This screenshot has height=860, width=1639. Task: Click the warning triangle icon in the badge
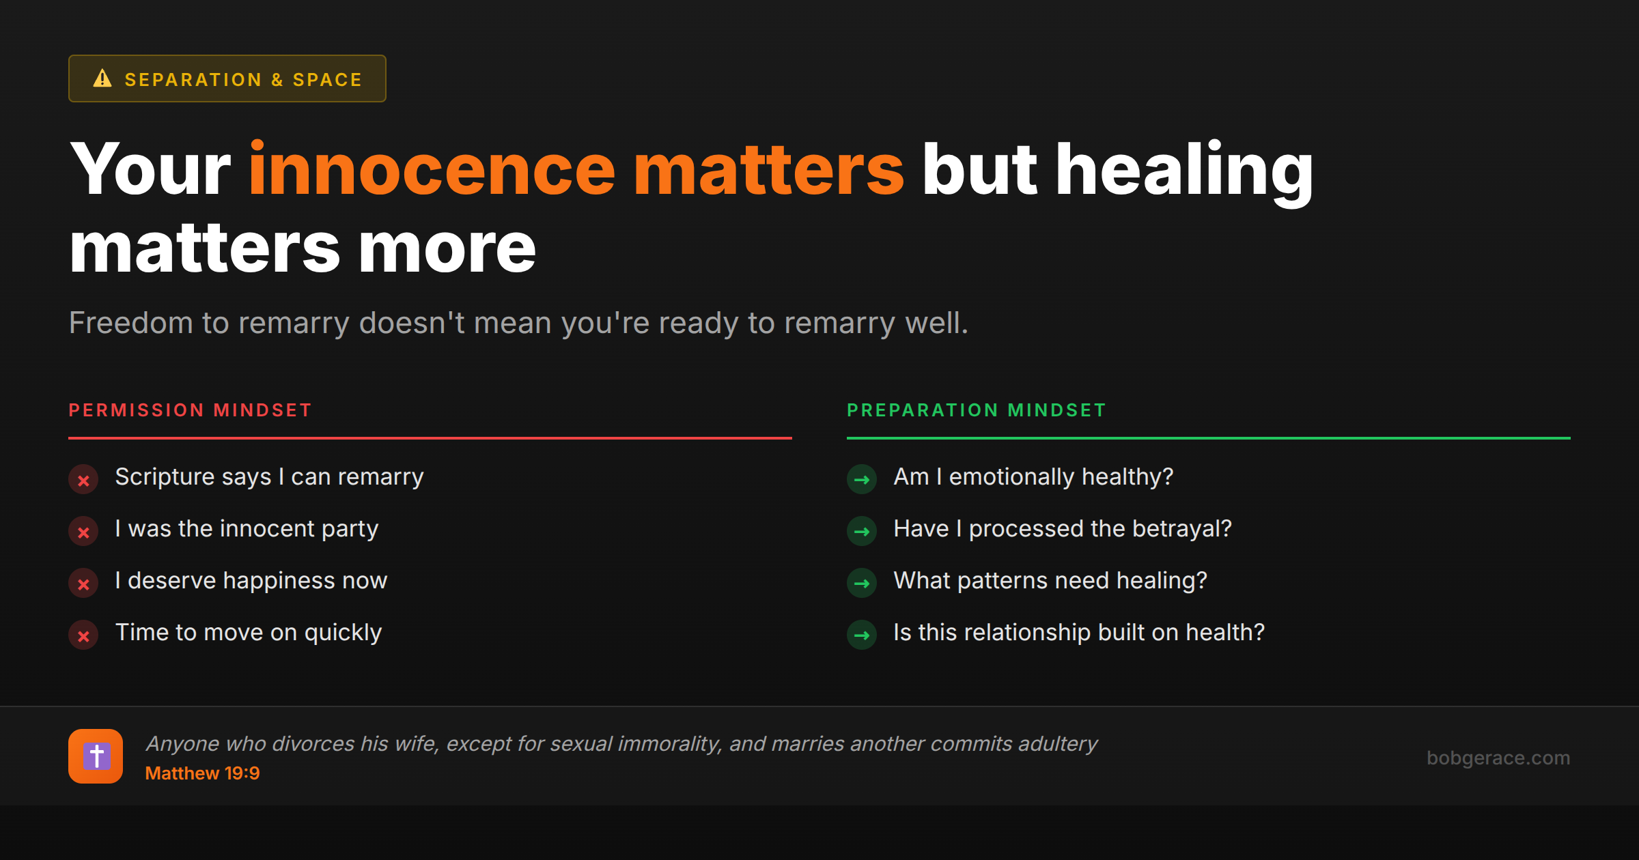point(102,78)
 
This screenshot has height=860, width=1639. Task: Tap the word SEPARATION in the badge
point(193,80)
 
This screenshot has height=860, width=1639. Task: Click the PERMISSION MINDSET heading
point(190,410)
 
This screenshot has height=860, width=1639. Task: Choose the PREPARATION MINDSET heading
point(976,410)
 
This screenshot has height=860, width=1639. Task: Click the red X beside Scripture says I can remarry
point(83,480)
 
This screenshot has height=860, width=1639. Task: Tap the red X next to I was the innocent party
point(83,532)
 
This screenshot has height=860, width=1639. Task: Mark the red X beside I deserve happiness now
point(83,584)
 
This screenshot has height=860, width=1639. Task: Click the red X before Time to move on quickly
point(83,635)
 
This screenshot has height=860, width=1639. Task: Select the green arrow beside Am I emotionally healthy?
point(862,480)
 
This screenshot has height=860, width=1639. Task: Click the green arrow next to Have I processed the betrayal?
point(862,532)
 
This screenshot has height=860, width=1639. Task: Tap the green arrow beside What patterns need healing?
point(862,584)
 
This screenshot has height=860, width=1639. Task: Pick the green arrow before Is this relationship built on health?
point(862,635)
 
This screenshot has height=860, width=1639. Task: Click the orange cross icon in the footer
point(96,756)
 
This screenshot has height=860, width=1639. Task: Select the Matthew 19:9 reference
point(202,773)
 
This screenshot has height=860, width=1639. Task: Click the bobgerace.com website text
point(1498,758)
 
